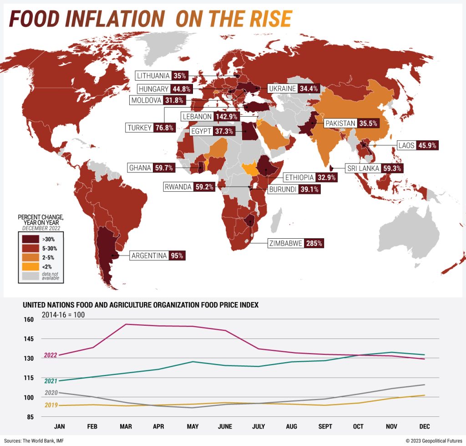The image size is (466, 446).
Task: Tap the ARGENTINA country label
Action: [x=149, y=256]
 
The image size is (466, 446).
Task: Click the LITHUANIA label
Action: [x=153, y=76]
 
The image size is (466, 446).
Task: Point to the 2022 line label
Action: [x=51, y=355]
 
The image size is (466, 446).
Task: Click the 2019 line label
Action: [x=51, y=405]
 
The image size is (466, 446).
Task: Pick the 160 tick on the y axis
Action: [x=29, y=319]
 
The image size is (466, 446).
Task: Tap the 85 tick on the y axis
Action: [x=30, y=417]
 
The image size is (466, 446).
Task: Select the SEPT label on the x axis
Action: [x=324, y=426]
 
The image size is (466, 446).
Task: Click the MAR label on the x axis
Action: [x=125, y=426]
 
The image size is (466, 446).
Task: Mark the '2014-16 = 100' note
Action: [x=63, y=314]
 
